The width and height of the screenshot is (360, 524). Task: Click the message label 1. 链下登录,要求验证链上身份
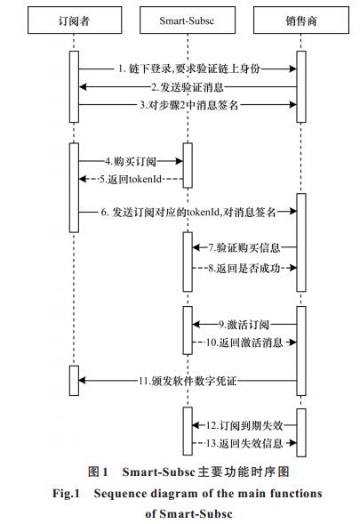tap(189, 69)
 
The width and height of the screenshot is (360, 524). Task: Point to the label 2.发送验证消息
tap(188, 87)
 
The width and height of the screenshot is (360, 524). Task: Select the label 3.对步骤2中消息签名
tap(189, 105)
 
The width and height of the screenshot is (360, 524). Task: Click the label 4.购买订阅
tap(131, 161)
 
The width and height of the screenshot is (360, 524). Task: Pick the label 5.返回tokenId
tap(131, 179)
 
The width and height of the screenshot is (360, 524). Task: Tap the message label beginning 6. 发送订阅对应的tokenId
tap(188, 212)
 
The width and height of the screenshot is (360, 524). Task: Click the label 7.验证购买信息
tap(244, 247)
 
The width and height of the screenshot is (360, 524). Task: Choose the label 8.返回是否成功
tap(244, 268)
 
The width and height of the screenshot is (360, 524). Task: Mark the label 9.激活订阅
tap(244, 325)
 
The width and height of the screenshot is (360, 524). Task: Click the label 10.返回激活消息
tap(244, 343)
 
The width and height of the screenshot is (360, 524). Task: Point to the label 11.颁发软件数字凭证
tap(188, 381)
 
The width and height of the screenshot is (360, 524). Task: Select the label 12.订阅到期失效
tap(244, 425)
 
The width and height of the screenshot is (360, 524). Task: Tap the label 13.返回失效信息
tap(244, 443)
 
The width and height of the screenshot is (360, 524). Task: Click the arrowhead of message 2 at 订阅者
tap(83, 87)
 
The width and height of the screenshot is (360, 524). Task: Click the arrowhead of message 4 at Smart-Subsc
tap(180, 161)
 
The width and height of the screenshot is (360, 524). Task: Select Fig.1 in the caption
tap(66, 494)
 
